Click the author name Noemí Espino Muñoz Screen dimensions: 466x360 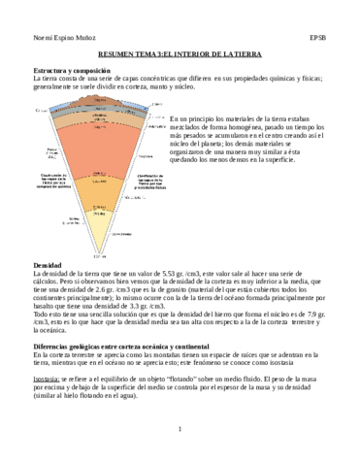55,38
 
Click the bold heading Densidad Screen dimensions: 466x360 48,265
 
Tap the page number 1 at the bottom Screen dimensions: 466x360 180,454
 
